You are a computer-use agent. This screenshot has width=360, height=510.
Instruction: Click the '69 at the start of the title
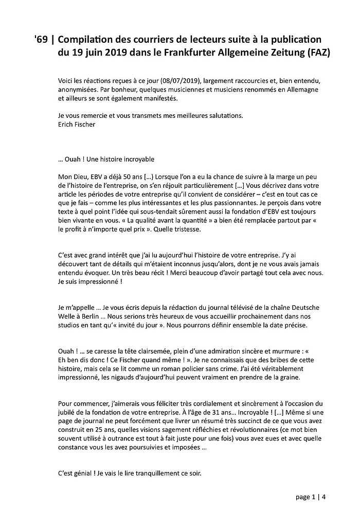point(40,39)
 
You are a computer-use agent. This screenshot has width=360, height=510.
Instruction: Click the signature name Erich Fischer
point(77,125)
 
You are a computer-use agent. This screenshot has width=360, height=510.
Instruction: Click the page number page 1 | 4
point(310,497)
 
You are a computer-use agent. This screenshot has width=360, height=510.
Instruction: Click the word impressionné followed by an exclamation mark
point(98,282)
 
